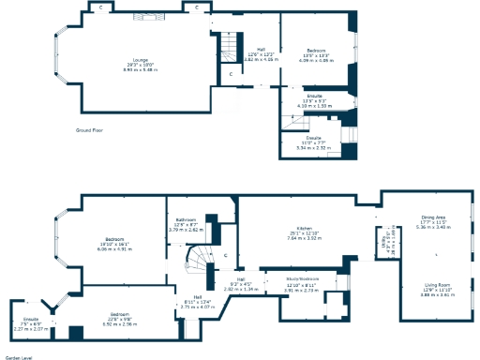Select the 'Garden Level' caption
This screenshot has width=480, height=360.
18,356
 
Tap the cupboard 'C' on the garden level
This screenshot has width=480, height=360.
225,254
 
